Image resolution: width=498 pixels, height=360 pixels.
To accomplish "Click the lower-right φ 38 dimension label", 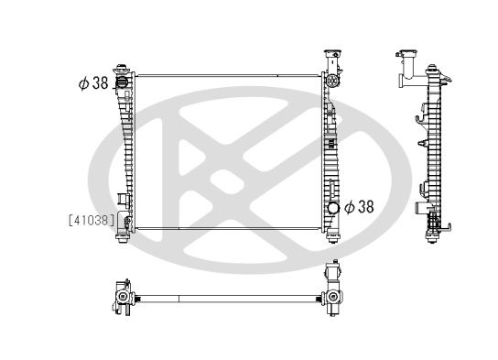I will click(x=358, y=207).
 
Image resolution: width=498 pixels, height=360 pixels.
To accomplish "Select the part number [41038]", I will click(x=92, y=220).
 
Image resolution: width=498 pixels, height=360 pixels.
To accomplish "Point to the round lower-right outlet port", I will click(x=333, y=208).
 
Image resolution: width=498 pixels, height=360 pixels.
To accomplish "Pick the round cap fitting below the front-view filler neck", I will click(x=331, y=82).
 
